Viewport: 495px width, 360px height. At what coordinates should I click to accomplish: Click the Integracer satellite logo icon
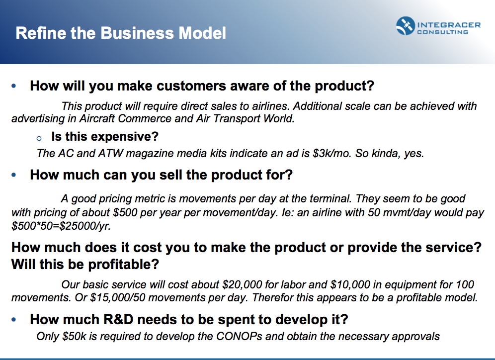click(406, 26)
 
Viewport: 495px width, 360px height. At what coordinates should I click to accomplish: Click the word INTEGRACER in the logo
click(449, 25)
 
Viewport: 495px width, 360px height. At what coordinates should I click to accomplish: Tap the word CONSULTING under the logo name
click(442, 32)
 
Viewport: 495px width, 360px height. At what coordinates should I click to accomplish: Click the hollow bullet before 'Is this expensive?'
click(39, 138)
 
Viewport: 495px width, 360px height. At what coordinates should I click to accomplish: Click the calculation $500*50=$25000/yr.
click(61, 226)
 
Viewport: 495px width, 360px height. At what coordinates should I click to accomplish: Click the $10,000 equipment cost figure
click(350, 284)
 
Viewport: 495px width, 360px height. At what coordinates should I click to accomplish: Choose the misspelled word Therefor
click(272, 297)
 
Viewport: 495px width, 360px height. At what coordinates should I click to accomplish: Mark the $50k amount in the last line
click(74, 336)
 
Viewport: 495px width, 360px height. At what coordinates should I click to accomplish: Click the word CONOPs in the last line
click(239, 336)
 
